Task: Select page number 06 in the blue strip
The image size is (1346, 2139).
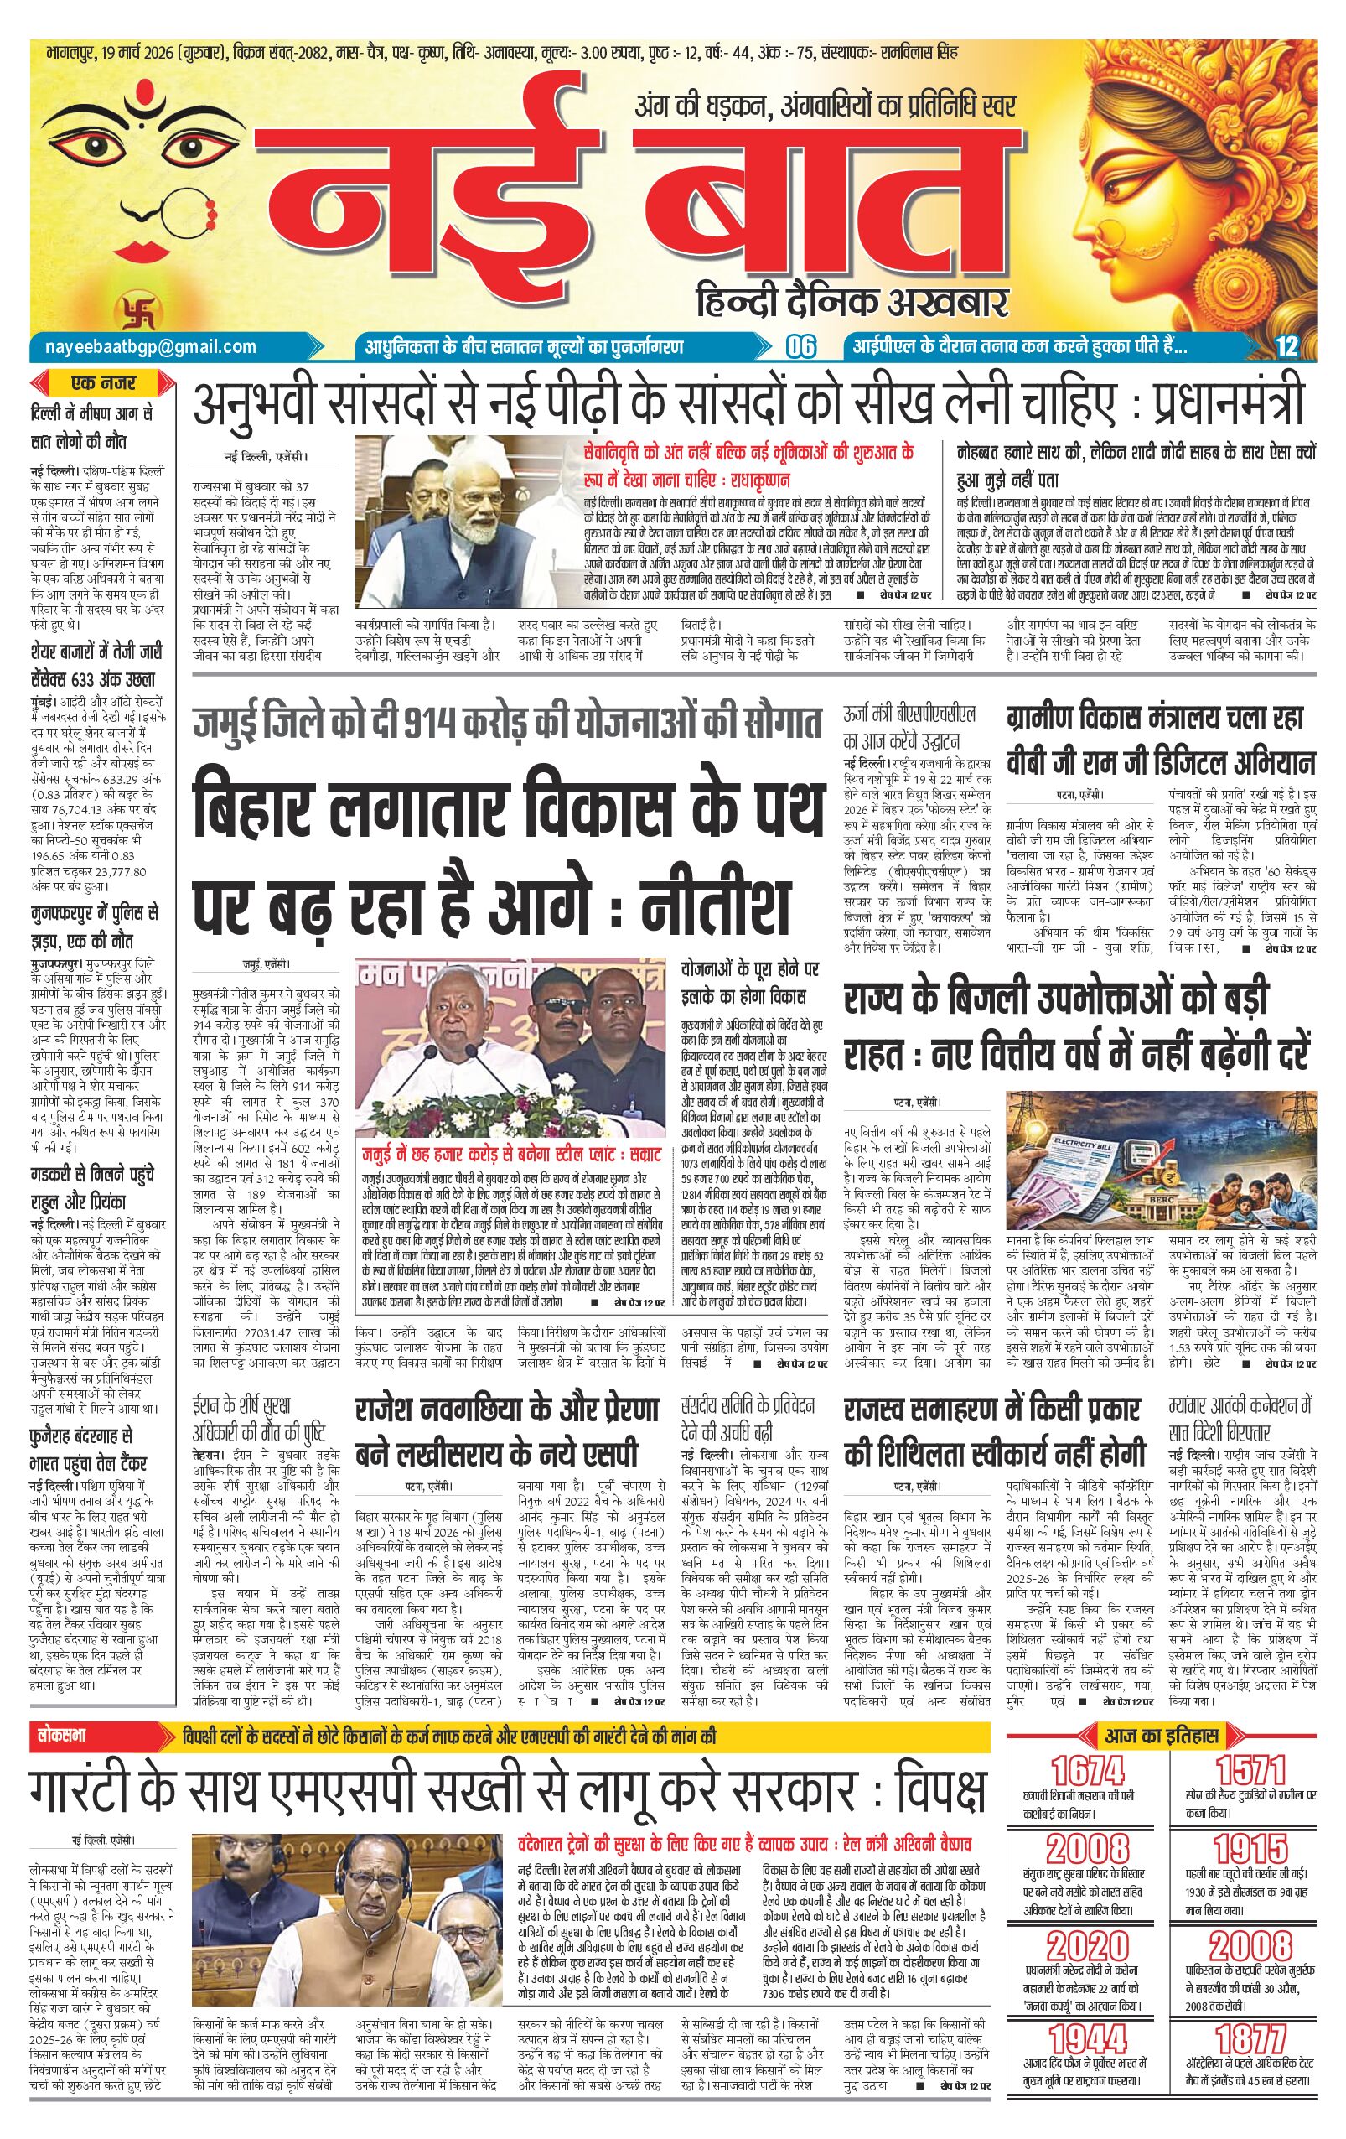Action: [x=801, y=347]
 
